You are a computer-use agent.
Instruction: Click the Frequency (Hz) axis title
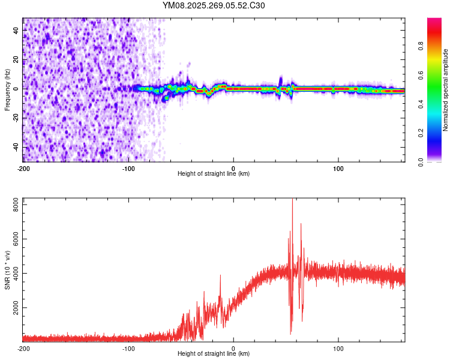[x=7, y=90]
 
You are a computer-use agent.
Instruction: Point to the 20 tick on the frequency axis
[x=17, y=59]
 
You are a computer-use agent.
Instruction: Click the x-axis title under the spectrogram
[x=214, y=173]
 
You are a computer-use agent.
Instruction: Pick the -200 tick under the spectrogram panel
[x=23, y=168]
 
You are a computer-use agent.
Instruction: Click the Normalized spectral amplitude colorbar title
[x=445, y=90]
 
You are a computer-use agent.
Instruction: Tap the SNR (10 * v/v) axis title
[x=7, y=270]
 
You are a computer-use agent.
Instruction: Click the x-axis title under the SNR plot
[x=214, y=353]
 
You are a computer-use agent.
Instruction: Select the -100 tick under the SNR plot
[x=128, y=348]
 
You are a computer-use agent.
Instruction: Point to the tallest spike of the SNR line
[x=292, y=200]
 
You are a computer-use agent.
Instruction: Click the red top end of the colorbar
[x=434, y=21]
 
